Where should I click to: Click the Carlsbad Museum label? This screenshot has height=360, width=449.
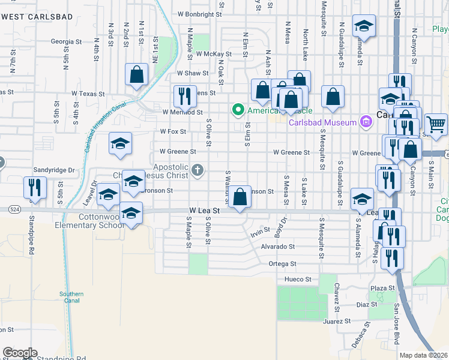tap(322, 123)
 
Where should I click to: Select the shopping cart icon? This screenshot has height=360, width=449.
tap(436, 124)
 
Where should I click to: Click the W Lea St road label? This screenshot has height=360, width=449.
tap(205, 211)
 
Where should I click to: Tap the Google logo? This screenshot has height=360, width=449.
tap(20, 353)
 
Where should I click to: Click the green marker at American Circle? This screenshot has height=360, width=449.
tap(238, 109)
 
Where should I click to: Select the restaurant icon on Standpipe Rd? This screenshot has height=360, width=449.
tap(34, 187)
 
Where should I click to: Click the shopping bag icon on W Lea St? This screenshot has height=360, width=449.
tap(240, 196)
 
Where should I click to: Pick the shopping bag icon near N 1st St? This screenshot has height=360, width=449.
tap(137, 74)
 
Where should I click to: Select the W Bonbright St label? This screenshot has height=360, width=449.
tap(200, 13)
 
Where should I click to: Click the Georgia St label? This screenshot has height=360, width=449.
tap(66, 42)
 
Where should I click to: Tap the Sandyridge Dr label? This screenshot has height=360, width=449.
tap(54, 170)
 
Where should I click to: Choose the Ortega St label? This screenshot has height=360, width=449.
tap(283, 263)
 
